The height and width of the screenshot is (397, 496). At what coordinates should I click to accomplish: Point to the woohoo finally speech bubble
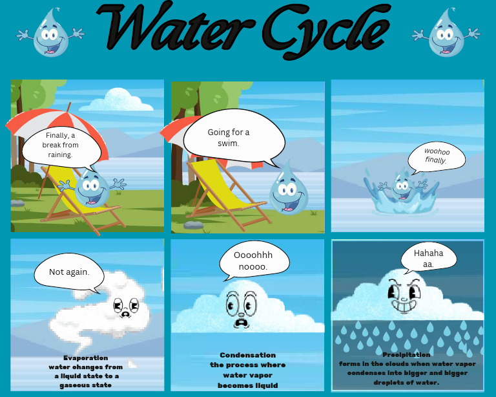coord(437,156)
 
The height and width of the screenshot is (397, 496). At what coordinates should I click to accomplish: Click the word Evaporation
coord(86,358)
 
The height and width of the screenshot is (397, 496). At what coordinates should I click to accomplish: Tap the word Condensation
coord(247,355)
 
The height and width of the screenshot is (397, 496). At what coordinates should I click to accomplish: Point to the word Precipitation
coord(407,355)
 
